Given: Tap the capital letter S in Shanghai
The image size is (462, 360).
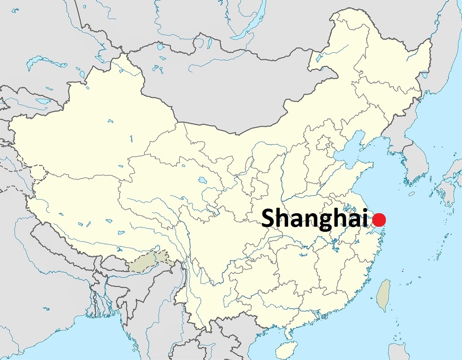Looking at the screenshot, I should [x=269, y=219].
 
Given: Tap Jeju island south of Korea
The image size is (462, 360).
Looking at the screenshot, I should [x=412, y=194].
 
